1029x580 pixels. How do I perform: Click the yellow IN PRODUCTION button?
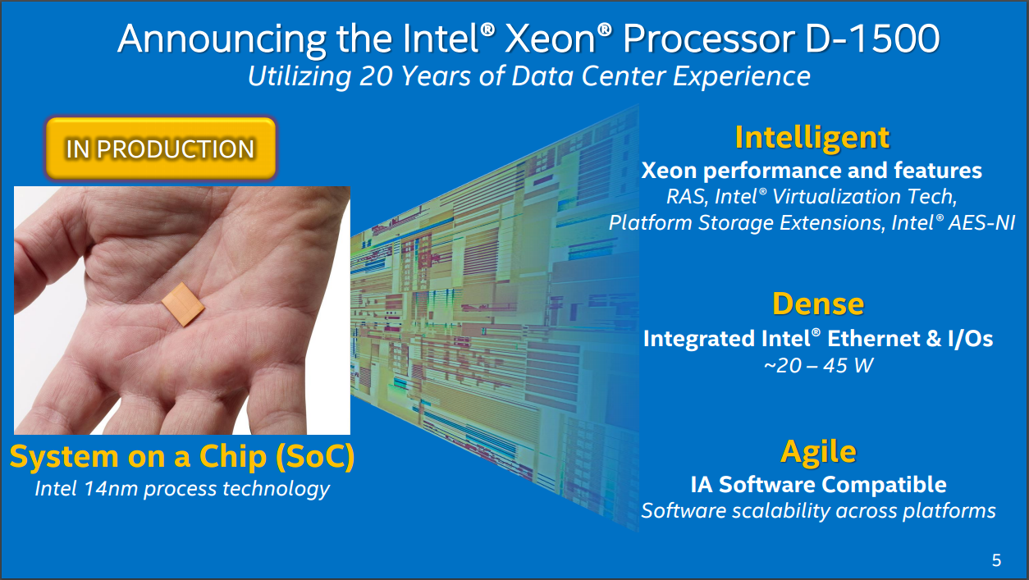click(x=161, y=148)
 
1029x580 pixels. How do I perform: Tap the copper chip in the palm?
click(x=183, y=304)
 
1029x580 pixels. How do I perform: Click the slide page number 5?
click(x=996, y=560)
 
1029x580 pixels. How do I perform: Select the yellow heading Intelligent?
click(x=812, y=137)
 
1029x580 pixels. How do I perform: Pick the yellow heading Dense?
click(x=818, y=304)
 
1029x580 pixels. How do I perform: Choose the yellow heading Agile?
click(x=819, y=452)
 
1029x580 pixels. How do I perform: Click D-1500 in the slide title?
click(x=873, y=39)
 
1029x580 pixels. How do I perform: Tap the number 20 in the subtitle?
click(x=376, y=75)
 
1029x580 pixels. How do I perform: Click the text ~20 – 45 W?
click(x=818, y=366)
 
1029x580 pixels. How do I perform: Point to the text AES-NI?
click(x=981, y=222)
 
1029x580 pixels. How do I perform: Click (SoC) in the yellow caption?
click(x=315, y=457)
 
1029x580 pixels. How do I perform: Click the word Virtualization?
click(x=836, y=197)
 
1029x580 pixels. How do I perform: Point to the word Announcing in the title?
click(x=222, y=39)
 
